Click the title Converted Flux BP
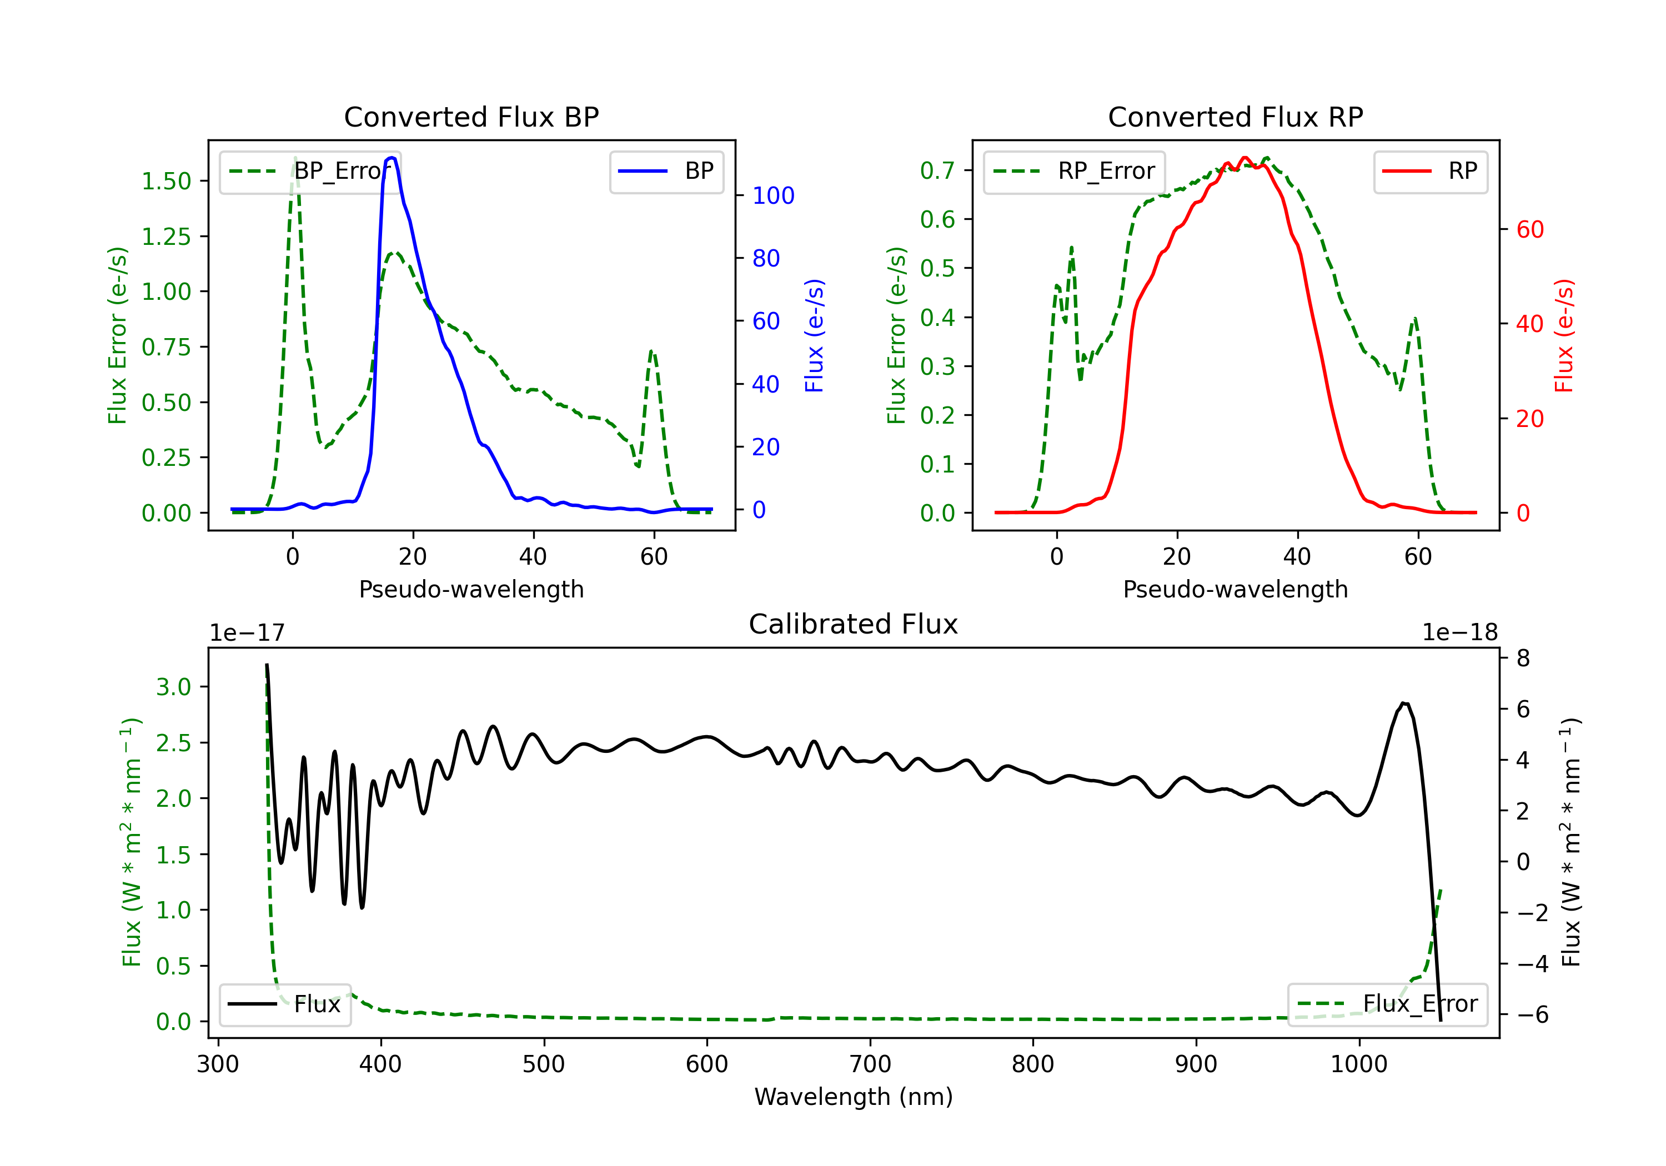471,117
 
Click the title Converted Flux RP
1235,117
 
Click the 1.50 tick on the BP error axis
166,182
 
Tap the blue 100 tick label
773,196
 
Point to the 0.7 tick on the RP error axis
937,170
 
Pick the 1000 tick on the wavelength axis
1358,1064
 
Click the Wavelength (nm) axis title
854,1097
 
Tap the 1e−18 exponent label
1459,633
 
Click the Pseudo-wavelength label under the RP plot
1235,589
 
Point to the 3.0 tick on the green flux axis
173,687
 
